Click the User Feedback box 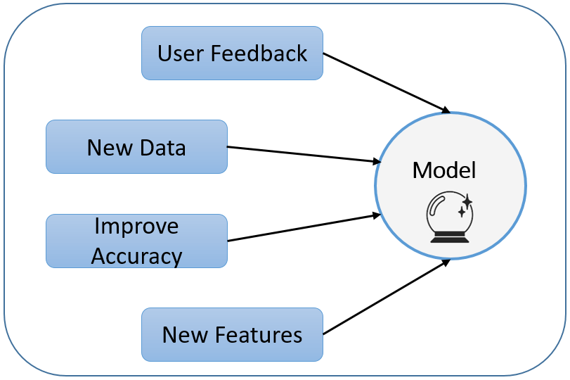coord(232,53)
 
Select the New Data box coord(136,147)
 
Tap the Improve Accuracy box coord(136,241)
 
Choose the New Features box coord(232,334)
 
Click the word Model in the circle coord(443,170)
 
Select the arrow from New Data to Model coord(302,154)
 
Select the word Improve coord(136,227)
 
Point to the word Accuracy coord(136,255)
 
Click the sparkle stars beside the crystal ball coord(465,206)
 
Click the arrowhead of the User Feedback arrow coord(445,110)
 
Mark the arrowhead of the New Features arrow coord(445,262)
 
